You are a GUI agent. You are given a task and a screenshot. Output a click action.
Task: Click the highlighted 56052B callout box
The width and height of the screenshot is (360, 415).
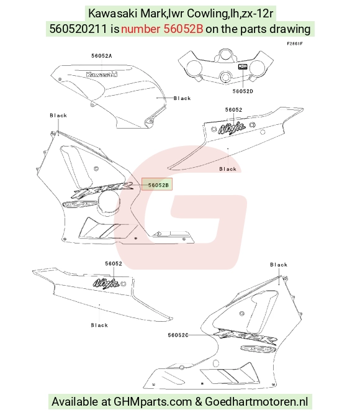[x=157, y=185]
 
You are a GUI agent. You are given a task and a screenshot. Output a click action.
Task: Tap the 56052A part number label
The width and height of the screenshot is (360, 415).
[x=102, y=56]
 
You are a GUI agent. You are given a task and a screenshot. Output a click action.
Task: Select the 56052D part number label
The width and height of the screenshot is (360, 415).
[x=243, y=91]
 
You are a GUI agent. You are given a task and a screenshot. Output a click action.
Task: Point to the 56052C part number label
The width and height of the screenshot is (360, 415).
[x=178, y=335]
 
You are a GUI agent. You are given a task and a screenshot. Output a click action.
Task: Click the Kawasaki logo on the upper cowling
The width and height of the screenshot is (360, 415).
[x=102, y=75]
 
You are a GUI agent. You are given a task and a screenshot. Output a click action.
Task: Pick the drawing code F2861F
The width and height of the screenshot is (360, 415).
[x=295, y=43]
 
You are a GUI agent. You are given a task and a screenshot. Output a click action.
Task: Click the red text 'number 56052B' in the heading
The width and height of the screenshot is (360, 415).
[x=162, y=29]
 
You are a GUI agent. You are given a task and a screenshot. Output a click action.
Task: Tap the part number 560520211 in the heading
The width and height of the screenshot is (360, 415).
[x=78, y=29]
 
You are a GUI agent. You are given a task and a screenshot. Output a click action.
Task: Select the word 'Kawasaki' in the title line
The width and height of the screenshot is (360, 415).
[x=113, y=13]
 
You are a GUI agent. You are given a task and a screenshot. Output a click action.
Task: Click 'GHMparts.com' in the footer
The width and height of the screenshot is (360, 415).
[x=153, y=401]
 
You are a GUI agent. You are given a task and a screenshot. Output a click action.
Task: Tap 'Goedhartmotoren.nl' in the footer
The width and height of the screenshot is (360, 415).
[x=256, y=401]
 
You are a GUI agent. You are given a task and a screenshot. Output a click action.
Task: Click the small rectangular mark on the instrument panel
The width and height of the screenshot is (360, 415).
[x=243, y=66]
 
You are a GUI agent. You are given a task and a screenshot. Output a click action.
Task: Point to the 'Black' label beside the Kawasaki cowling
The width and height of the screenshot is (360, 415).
[x=182, y=98]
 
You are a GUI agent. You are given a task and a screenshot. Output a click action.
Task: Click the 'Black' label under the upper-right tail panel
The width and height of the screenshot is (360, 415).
[x=228, y=169]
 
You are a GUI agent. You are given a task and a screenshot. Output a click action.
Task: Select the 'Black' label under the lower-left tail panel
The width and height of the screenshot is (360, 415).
[x=99, y=326]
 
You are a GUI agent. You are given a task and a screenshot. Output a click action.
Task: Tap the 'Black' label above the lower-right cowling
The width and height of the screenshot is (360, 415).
[x=279, y=265]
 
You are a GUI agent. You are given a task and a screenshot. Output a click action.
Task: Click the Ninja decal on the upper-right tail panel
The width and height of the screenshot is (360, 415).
[x=232, y=128]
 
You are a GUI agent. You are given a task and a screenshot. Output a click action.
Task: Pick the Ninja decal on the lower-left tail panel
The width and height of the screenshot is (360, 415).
[x=106, y=283]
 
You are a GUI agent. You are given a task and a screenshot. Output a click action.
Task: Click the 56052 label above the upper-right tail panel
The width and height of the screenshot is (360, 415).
[x=233, y=110]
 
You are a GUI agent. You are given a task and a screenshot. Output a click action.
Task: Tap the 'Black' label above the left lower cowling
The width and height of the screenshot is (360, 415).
[x=58, y=116]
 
